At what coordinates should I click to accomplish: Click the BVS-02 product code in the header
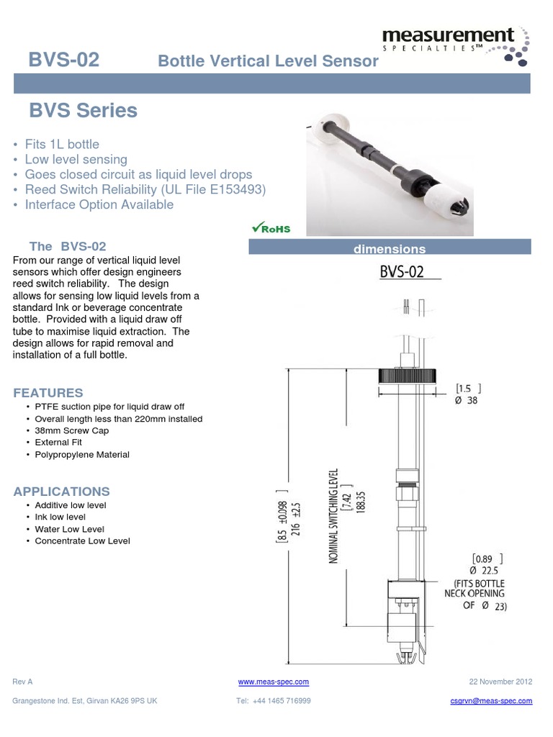coord(63,60)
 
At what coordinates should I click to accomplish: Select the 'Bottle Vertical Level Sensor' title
coord(268,61)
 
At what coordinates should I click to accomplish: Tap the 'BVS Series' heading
coord(83,111)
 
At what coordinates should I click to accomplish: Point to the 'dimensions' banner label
coord(390,249)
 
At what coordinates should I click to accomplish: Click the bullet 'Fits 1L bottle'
coord(62,144)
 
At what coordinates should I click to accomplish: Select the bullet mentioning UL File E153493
coord(145,189)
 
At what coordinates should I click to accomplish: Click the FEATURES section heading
coord(48,393)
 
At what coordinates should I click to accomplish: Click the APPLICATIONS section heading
coord(62,492)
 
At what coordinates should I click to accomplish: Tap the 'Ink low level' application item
coord(60,517)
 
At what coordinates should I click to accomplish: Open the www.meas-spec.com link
coord(273,682)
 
